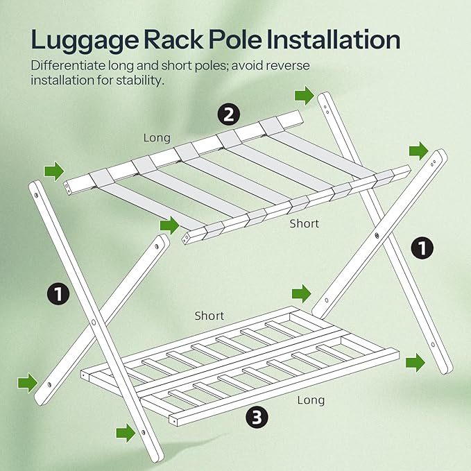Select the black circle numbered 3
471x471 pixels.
[x=256, y=417]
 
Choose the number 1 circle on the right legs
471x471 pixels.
[x=422, y=248]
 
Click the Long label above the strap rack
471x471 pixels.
[x=157, y=137]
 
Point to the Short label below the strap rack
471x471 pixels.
[x=304, y=223]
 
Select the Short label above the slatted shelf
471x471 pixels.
[x=209, y=316]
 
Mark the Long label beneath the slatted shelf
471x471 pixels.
[x=311, y=400]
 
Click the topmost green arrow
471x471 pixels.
[x=304, y=94]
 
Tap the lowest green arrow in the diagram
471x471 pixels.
[x=126, y=434]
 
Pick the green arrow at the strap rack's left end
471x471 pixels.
[x=53, y=170]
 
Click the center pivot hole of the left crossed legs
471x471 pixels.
[x=93, y=323]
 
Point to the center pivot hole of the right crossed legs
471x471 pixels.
[x=377, y=237]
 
